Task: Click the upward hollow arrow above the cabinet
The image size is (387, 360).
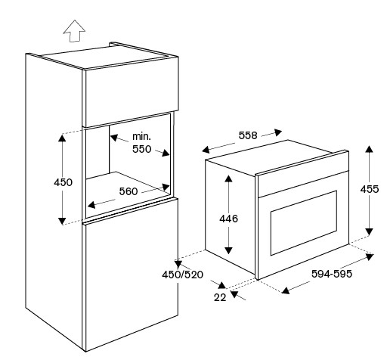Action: click(74, 31)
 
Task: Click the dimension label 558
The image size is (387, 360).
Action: click(248, 135)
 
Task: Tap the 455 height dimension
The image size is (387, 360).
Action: click(370, 189)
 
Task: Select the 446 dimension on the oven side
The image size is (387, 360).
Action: click(228, 219)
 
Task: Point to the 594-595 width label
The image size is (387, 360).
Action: click(332, 274)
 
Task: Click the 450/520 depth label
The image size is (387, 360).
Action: click(182, 275)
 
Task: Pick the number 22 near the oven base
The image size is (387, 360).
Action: click(220, 297)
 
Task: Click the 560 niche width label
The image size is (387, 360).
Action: click(128, 191)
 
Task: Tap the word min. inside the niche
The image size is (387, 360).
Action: click(141, 137)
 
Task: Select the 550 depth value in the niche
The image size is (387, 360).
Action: click(142, 149)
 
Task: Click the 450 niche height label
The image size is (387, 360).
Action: click(63, 182)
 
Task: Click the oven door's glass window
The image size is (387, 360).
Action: click(304, 223)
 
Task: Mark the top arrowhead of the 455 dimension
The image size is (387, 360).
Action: click(370, 149)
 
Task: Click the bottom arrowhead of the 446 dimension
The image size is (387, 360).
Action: click(228, 250)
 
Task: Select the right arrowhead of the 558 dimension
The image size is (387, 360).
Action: click(278, 132)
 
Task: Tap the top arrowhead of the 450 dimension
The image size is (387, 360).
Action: click(62, 138)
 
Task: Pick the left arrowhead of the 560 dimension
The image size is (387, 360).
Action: click(91, 205)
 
